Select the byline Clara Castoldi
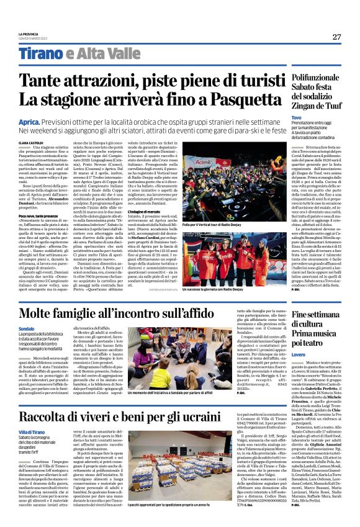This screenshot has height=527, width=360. [x=32, y=143]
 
